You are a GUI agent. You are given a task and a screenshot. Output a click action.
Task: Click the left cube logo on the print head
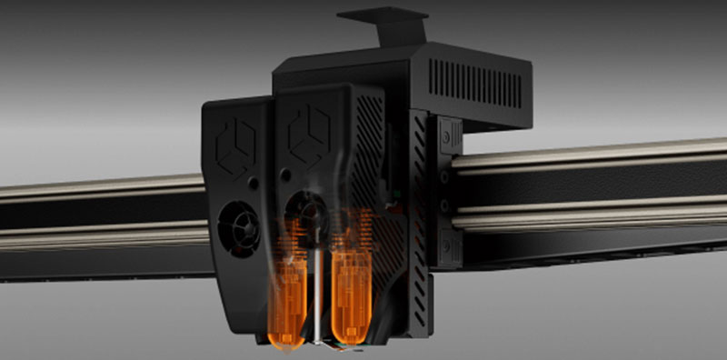pyautogui.click(x=234, y=143)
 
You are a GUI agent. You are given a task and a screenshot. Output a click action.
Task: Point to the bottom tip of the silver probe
pyautogui.click(x=317, y=343)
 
